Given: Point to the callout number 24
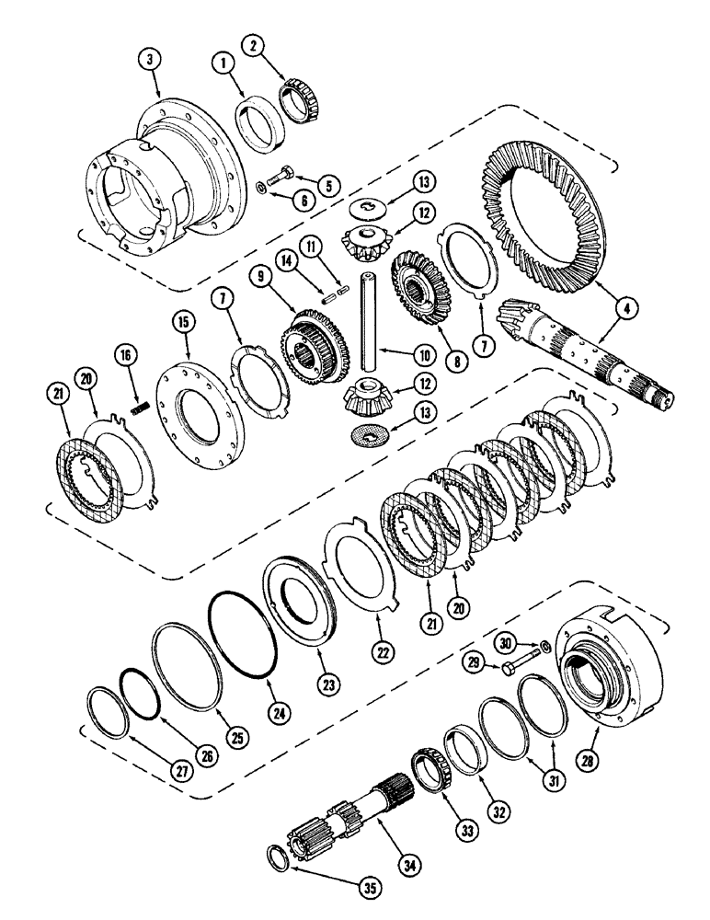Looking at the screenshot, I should pos(274,709).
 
